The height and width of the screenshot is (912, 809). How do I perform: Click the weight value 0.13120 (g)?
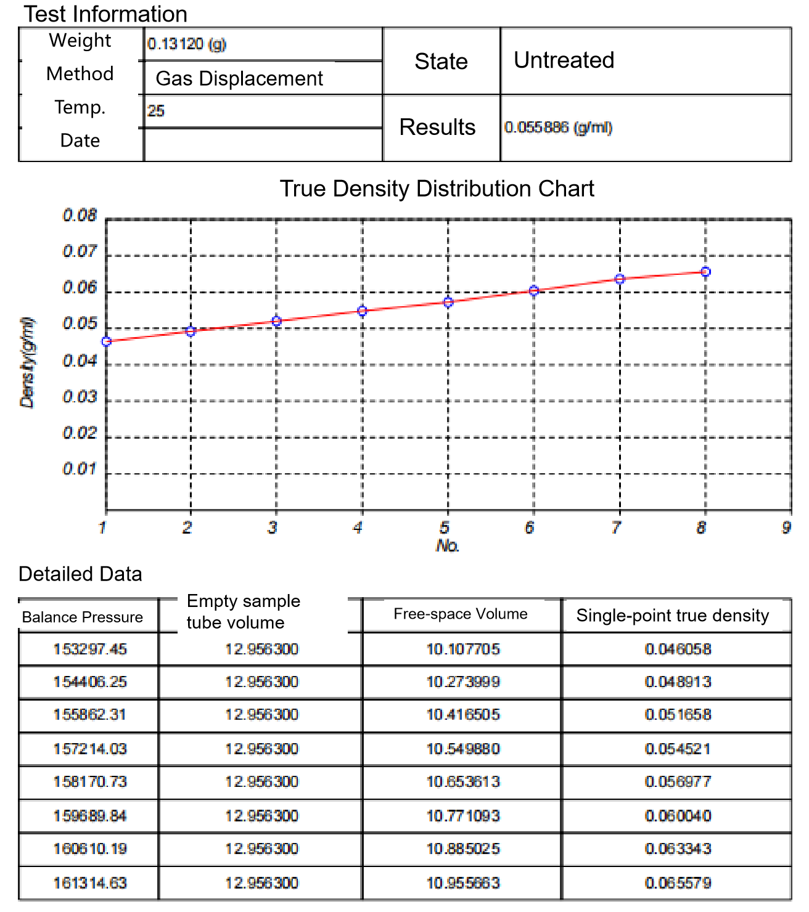(x=187, y=44)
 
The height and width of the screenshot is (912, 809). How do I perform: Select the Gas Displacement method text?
(x=239, y=78)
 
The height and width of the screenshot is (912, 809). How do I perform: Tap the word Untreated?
(x=564, y=60)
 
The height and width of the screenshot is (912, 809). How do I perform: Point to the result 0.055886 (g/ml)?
(x=558, y=128)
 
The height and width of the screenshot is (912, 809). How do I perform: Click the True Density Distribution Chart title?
(x=437, y=189)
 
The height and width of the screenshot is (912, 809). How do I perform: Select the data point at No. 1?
(x=107, y=341)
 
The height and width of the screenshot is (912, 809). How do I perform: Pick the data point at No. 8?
(x=706, y=272)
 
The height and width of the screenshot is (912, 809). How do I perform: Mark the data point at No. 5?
(x=448, y=302)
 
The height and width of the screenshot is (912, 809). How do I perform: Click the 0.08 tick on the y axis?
(x=80, y=216)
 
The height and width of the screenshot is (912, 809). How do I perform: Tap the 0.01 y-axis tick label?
(x=80, y=470)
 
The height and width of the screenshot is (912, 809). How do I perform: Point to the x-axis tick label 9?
(x=786, y=527)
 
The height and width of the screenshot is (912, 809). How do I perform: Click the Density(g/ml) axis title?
(x=28, y=362)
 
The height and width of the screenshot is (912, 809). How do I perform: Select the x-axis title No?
(x=448, y=546)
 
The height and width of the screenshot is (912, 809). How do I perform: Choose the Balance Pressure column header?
(x=83, y=617)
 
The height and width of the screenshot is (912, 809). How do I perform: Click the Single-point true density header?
(x=673, y=616)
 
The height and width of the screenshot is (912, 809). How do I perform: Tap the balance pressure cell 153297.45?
(x=90, y=649)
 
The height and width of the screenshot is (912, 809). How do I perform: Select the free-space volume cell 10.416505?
(x=463, y=715)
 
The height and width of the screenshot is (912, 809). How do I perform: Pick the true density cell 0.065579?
(x=678, y=883)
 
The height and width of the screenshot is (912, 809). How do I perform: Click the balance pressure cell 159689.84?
(x=90, y=816)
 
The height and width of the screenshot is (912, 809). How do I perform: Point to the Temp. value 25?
(x=156, y=111)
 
